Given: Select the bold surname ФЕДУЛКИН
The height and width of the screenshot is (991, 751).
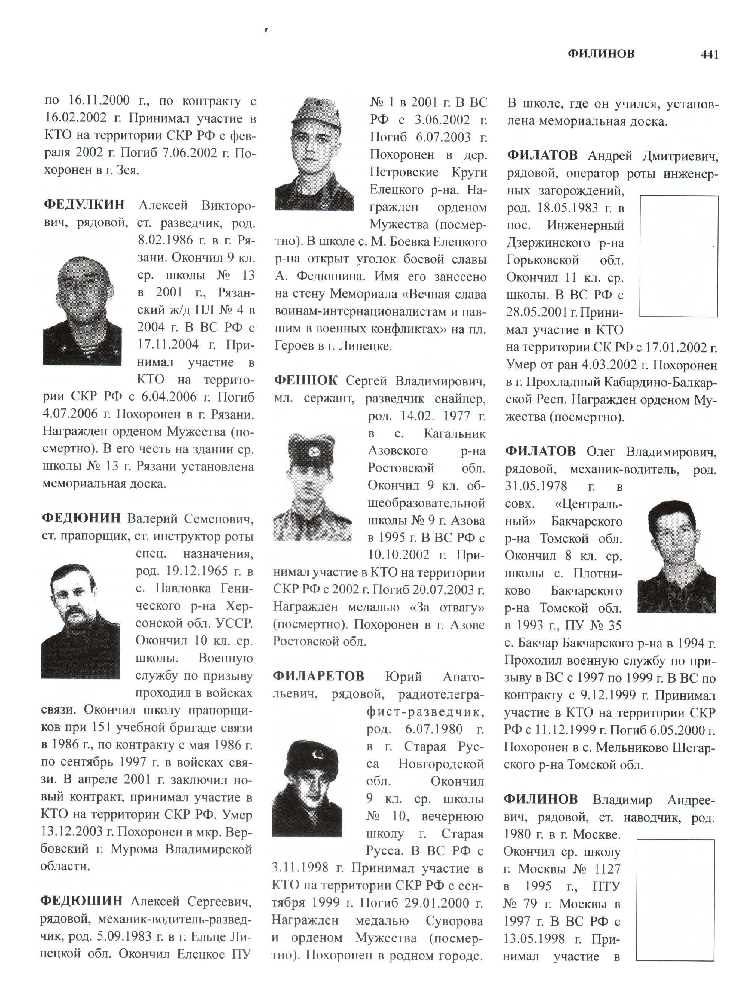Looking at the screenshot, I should tap(84, 205).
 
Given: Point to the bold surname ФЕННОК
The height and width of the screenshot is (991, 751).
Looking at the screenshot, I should tap(306, 381).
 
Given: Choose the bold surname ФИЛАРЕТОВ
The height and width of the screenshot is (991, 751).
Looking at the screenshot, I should tap(319, 676).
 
